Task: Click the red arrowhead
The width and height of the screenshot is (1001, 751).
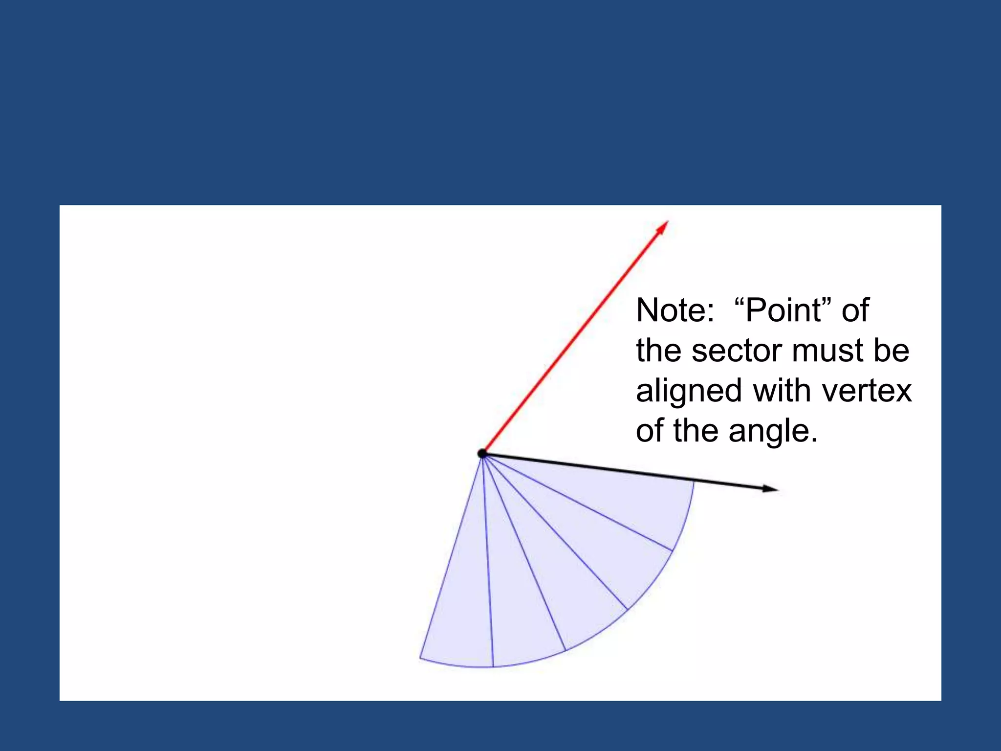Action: click(x=663, y=227)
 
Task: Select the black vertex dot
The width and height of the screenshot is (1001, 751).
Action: click(x=482, y=454)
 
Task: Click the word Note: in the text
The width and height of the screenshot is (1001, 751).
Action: click(x=675, y=310)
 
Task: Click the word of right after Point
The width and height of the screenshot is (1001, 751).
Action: click(x=855, y=310)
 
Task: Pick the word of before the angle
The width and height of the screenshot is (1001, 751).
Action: click(x=651, y=431)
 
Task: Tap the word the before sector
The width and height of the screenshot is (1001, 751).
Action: click(x=659, y=351)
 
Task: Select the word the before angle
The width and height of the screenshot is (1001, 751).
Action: click(x=696, y=431)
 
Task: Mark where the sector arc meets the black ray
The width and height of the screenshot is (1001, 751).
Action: click(x=694, y=481)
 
